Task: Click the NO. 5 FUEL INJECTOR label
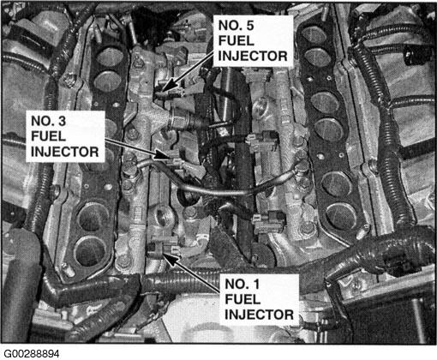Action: click(253, 40)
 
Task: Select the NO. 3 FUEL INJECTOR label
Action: click(65, 136)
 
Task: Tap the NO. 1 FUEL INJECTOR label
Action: click(259, 299)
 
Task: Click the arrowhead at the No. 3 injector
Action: click(162, 154)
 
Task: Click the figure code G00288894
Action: click(32, 354)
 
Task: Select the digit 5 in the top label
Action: click(249, 26)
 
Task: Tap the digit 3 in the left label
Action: click(62, 121)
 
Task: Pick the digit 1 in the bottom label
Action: click(256, 284)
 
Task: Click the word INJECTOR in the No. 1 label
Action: click(259, 315)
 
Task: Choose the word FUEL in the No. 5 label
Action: click(236, 41)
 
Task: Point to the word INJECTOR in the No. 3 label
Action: click(65, 152)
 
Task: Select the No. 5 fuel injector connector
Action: click(169, 92)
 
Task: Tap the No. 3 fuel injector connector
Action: click(175, 162)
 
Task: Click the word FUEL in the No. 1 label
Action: click(242, 299)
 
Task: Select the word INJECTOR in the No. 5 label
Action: click(253, 56)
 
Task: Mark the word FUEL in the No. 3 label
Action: click(49, 136)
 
